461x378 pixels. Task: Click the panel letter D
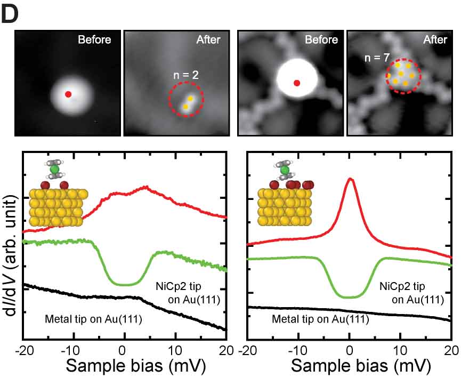pyautogui.click(x=12, y=14)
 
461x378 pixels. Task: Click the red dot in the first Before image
pyautogui.click(x=68, y=94)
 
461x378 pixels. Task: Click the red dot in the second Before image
pyautogui.click(x=297, y=83)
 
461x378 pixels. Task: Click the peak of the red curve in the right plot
pyautogui.click(x=350, y=179)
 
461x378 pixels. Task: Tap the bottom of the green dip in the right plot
pyautogui.click(x=349, y=296)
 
